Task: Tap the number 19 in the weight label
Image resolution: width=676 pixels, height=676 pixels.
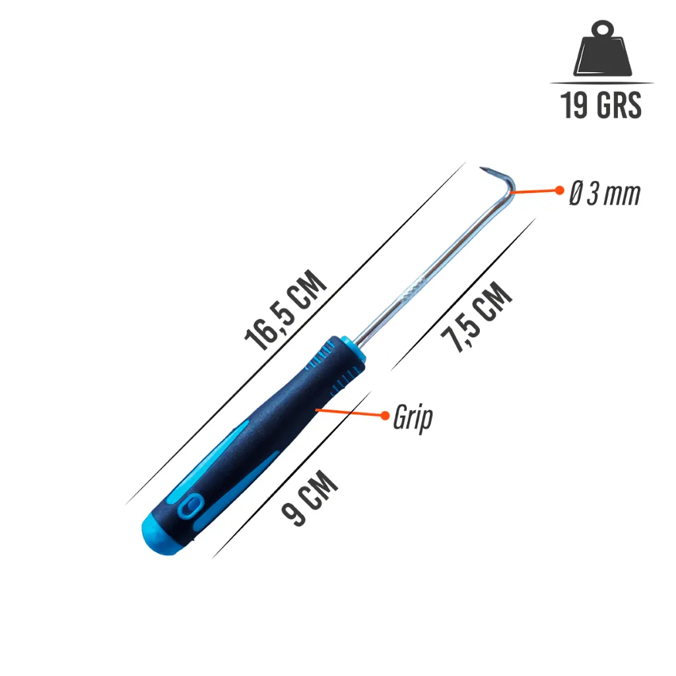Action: click(x=574, y=105)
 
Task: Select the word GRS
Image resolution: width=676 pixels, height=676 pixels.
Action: click(x=619, y=105)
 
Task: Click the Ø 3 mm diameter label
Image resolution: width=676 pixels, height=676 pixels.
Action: click(x=605, y=193)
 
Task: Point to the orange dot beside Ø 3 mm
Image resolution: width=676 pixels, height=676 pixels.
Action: click(x=560, y=190)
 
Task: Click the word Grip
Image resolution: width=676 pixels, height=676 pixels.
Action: click(x=413, y=417)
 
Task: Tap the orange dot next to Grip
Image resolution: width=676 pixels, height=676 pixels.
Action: click(x=385, y=415)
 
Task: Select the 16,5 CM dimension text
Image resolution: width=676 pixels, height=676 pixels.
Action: click(x=285, y=310)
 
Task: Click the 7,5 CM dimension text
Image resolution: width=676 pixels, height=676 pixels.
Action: click(x=477, y=317)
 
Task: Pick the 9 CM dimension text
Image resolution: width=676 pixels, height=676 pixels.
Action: click(x=310, y=498)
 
